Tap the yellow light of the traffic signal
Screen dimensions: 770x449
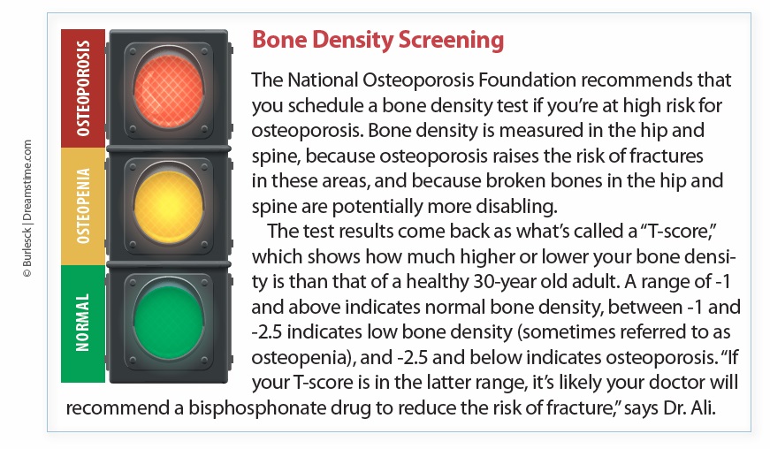point(169,207)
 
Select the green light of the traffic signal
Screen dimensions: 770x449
point(169,323)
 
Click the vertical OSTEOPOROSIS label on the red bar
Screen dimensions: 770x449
point(83,88)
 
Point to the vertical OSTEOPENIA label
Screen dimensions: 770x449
point(83,206)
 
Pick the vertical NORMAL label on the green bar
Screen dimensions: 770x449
point(83,323)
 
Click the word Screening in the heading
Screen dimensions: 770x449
point(451,41)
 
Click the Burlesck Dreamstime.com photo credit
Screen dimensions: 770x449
point(27,209)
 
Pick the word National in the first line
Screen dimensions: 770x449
point(323,80)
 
